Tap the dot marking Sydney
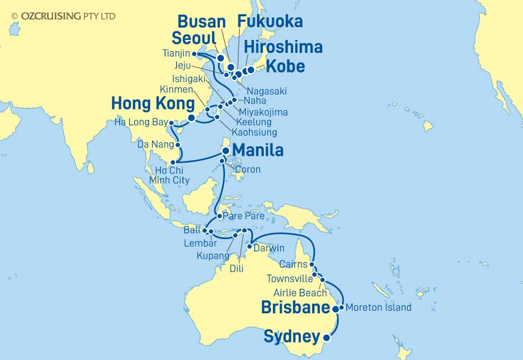(327, 338)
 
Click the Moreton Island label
(378, 308)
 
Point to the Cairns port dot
(312, 264)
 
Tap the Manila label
(258, 150)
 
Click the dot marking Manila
(226, 150)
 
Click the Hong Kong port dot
(191, 118)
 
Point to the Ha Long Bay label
(141, 122)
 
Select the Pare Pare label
(241, 216)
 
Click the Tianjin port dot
(194, 55)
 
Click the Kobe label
(285, 66)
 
